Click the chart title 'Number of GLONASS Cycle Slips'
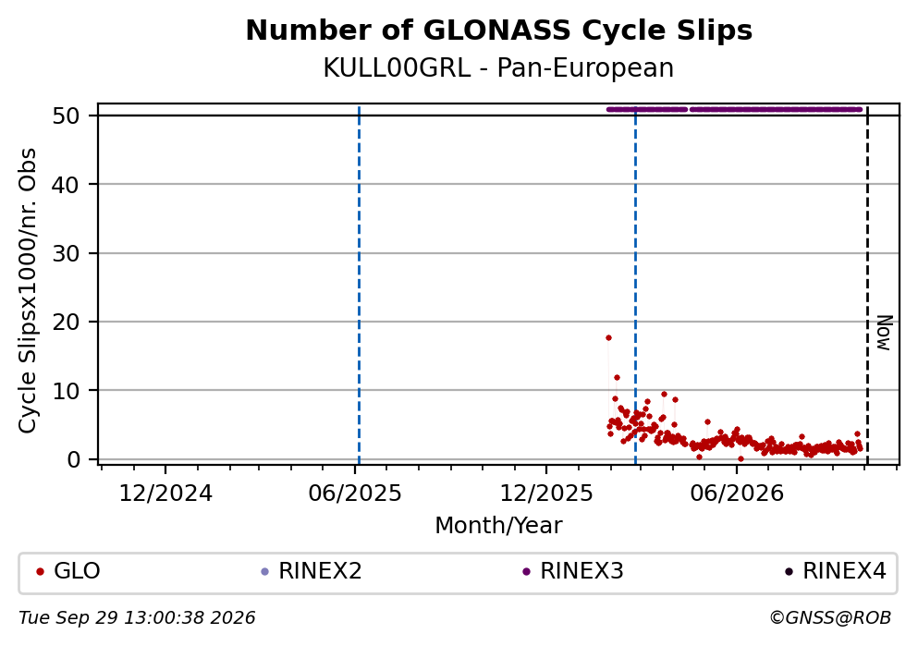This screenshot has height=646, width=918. point(499,30)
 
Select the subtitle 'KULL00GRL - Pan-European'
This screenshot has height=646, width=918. point(499,67)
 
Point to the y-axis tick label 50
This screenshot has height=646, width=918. point(66,116)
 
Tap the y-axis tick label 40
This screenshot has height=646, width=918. point(66,184)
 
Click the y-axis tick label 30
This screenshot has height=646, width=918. point(66,253)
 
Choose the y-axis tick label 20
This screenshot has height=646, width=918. point(66,322)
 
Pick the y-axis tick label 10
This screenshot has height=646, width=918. point(66,390)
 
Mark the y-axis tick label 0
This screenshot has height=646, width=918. point(73,459)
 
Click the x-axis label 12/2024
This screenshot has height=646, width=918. point(165,494)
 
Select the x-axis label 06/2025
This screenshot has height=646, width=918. point(355,494)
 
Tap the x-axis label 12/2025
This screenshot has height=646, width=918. point(546,494)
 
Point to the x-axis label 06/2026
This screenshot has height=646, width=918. point(737,494)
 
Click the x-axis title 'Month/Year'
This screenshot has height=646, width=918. point(499,526)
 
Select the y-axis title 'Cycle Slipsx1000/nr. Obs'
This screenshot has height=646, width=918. point(27,290)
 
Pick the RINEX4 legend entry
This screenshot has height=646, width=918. point(836,571)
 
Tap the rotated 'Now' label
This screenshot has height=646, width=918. point(884,333)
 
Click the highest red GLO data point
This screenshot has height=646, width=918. point(609,337)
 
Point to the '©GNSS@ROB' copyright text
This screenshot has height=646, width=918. point(830,618)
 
